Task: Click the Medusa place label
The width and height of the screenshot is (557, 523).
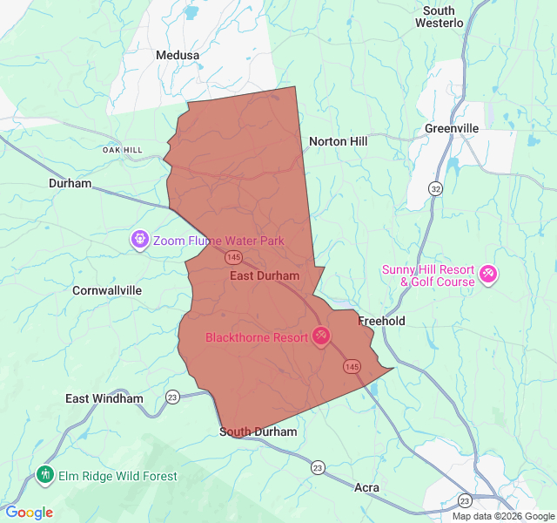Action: (x=178, y=55)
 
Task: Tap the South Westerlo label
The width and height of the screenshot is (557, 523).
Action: (x=439, y=17)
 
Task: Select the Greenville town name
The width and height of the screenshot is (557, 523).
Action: (x=452, y=128)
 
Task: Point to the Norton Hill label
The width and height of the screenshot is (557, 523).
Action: (x=339, y=141)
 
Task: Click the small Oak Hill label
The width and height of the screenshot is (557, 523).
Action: (x=122, y=150)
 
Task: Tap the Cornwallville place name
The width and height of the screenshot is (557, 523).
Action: (x=107, y=290)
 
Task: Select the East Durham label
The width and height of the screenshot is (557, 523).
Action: (x=265, y=275)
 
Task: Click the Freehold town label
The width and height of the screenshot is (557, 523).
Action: (x=381, y=321)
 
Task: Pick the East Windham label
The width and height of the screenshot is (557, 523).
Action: (x=104, y=398)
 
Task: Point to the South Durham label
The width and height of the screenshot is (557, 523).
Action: (x=258, y=431)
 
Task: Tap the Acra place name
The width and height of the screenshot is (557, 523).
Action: (x=367, y=487)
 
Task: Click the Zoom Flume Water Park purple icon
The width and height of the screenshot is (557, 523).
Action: (x=139, y=239)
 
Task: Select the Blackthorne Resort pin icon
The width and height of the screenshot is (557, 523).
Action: (x=321, y=336)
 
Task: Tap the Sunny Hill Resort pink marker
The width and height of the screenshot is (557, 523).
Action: (x=488, y=275)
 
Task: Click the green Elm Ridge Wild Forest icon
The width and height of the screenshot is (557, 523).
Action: (x=45, y=475)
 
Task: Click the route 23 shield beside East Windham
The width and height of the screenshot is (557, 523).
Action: (x=172, y=397)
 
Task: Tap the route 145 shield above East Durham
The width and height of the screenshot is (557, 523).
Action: (x=233, y=257)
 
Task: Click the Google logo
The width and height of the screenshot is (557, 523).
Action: (x=30, y=513)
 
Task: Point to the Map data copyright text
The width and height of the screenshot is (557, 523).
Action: (x=502, y=516)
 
